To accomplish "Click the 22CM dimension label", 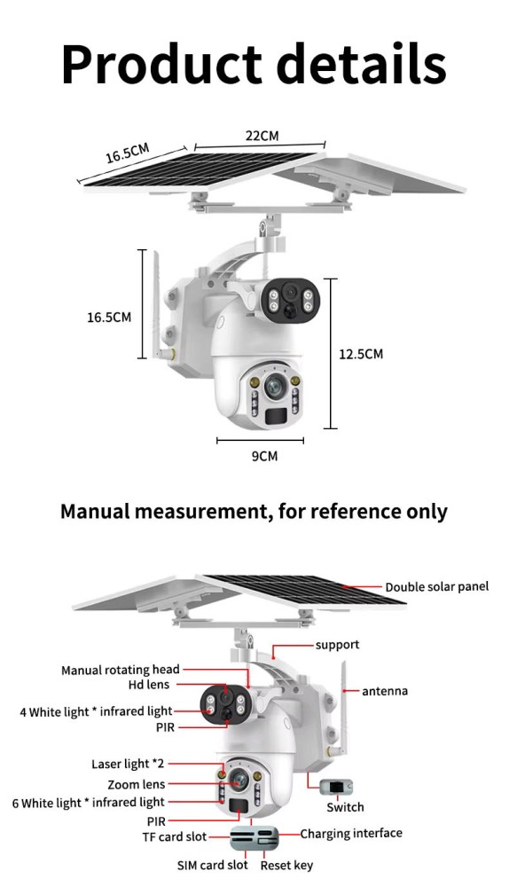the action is point(262,136).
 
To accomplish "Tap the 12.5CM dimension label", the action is point(361,354).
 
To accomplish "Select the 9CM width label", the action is point(264,455).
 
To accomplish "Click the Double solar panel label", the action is point(436,586).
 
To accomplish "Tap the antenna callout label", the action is point(385,691).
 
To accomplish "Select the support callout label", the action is point(337,645).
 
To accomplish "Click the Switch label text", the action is point(345,807).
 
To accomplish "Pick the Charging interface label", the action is point(351,833).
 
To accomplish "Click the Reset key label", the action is point(286,866).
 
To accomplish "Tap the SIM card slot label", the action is point(212,865).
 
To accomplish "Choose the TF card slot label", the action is point(174,836).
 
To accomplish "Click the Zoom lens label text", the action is point(137,784).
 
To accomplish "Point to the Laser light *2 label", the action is point(128,764).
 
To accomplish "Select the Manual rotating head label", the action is point(120,670).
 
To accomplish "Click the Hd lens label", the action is point(148,685).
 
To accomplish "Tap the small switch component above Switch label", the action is point(336,787).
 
